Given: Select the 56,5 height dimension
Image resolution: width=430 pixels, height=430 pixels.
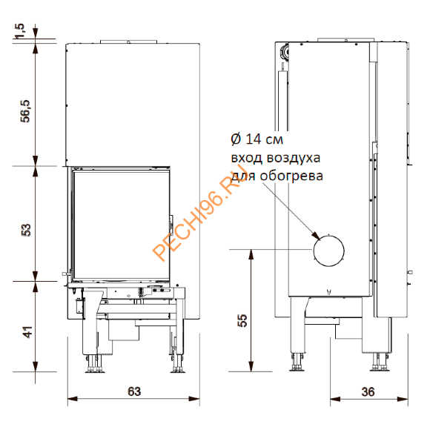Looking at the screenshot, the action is [27, 111].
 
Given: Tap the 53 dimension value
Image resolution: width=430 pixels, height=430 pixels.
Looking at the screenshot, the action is [27, 230].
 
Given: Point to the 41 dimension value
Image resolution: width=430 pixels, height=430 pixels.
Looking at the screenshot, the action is [28, 332].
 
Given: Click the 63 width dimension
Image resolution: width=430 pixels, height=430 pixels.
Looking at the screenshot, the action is [134, 391].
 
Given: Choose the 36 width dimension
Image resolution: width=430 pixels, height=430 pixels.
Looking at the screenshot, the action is [368, 392].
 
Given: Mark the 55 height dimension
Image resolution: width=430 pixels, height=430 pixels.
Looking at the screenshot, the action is [242, 320].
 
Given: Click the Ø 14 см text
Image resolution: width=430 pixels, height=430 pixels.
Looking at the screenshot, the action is [257, 139].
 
